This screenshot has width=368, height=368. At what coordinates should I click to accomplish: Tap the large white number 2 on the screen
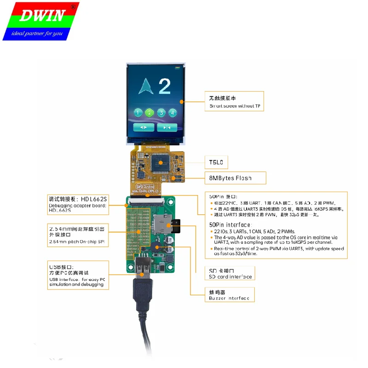tap(164, 87)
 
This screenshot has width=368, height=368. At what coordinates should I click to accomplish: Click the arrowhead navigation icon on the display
tap(146, 86)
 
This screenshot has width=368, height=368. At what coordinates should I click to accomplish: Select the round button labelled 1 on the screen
tap(138, 112)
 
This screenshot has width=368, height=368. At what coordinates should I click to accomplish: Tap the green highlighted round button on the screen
tap(149, 112)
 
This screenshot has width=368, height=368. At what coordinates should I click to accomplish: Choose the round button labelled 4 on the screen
tap(172, 112)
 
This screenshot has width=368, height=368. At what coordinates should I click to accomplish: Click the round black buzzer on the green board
tap(159, 248)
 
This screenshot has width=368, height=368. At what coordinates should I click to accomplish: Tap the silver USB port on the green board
tap(143, 266)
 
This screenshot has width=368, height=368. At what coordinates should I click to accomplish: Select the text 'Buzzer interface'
tap(229, 299)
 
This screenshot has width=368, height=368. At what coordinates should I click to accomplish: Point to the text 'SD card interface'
tap(230, 276)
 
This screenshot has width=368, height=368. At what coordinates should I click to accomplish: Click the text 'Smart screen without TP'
tap(235, 106)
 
